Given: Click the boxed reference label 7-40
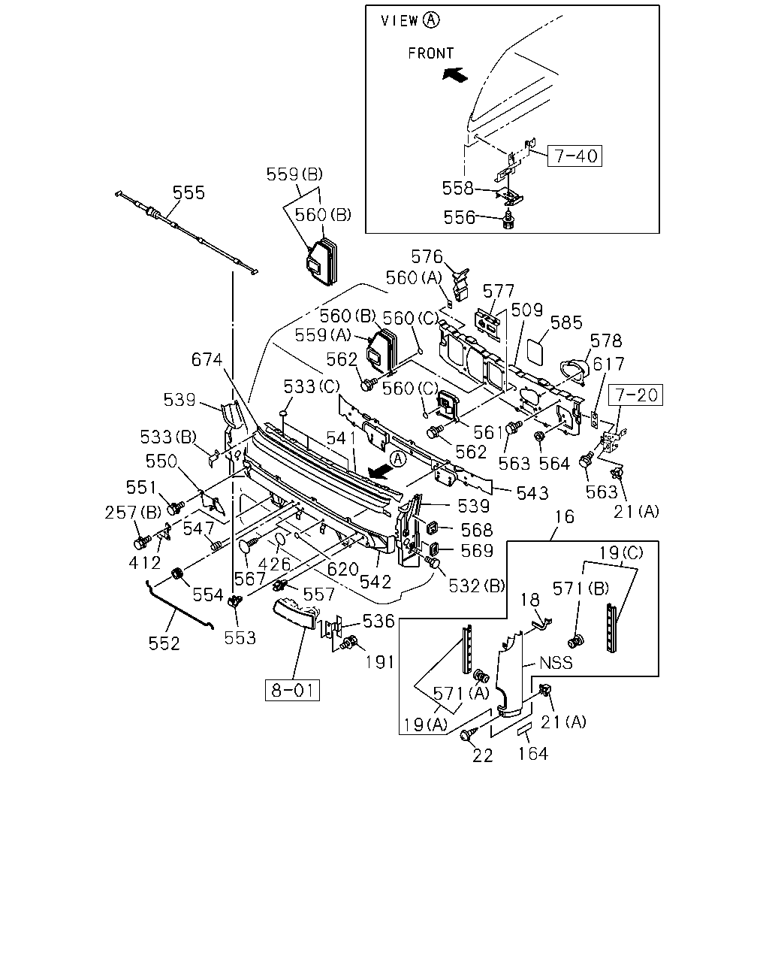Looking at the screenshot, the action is (574, 156).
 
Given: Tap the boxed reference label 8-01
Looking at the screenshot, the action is (292, 690).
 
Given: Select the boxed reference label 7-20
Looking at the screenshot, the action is (636, 395).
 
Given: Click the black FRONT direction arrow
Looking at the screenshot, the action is (455, 74).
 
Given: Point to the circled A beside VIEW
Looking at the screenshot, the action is (431, 20).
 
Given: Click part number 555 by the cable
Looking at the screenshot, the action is (188, 192).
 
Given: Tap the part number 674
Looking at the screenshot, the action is (207, 359).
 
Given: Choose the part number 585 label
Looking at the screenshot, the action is (566, 322).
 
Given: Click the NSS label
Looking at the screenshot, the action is (556, 662).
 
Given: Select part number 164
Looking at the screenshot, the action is (532, 754).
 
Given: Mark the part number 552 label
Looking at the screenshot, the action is (164, 643).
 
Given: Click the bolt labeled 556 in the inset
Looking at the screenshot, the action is (508, 220).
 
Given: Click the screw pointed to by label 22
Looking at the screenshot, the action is (469, 733).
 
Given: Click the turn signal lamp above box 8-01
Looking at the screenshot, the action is (296, 613).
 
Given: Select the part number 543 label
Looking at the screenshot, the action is (532, 493).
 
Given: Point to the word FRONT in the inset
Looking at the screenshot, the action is (431, 53).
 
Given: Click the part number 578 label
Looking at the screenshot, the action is (606, 341).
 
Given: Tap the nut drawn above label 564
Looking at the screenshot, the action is (539, 435).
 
